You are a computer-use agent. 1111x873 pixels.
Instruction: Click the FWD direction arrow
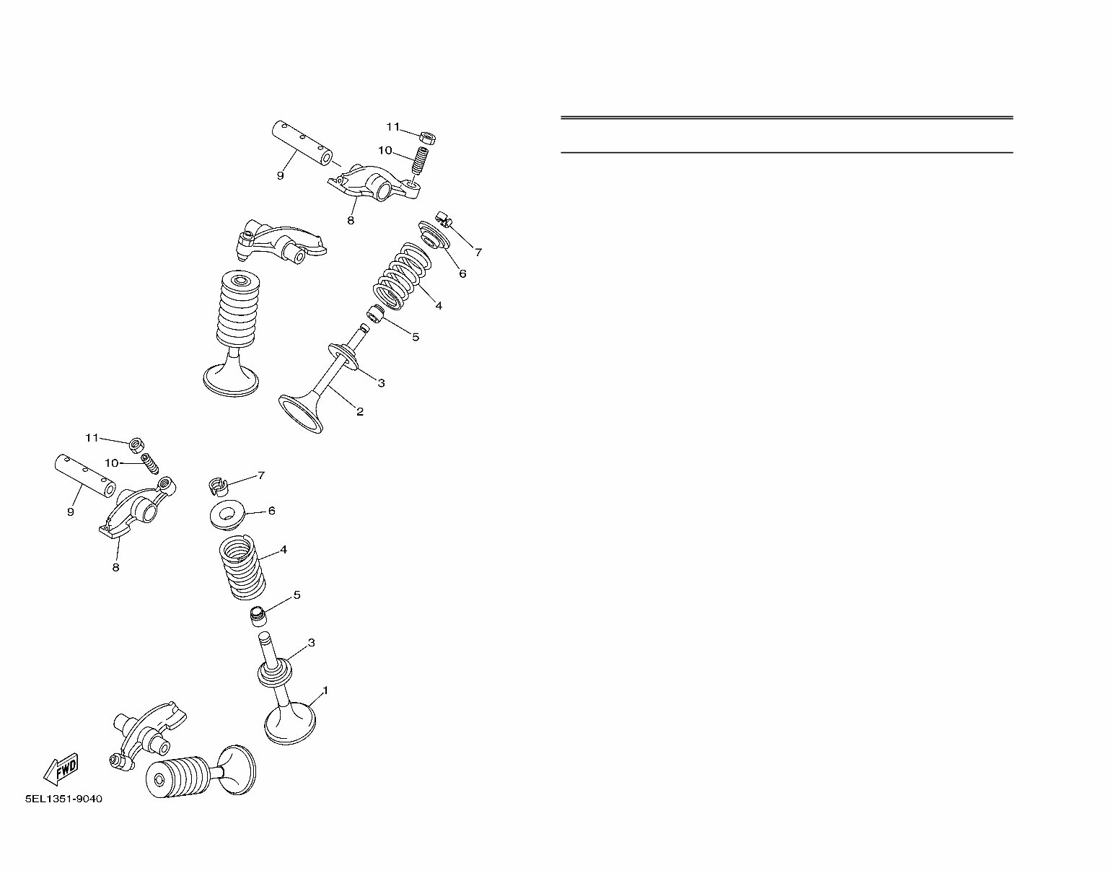[x=61, y=769]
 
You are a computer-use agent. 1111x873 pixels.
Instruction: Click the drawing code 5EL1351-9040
[x=63, y=799]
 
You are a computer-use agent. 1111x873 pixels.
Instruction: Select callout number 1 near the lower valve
[x=325, y=690]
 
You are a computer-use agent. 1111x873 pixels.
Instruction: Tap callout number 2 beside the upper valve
[x=359, y=412]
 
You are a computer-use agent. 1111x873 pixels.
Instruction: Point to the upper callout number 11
[x=392, y=127]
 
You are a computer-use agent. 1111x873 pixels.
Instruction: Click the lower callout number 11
[x=92, y=438]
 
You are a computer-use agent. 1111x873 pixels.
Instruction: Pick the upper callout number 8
[x=351, y=220]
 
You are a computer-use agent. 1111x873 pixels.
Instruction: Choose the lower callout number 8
[x=115, y=567]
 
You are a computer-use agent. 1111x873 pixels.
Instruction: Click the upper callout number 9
[x=281, y=175]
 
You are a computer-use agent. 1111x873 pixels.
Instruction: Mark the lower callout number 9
[x=71, y=512]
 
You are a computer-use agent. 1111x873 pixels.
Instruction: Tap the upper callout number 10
[x=385, y=150]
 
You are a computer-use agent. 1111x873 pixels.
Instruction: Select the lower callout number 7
[x=261, y=475]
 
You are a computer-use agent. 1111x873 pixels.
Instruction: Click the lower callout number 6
[x=271, y=511]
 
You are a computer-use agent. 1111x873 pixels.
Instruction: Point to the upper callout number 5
[x=416, y=336]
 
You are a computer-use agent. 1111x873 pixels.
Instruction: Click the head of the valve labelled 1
[x=291, y=724]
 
